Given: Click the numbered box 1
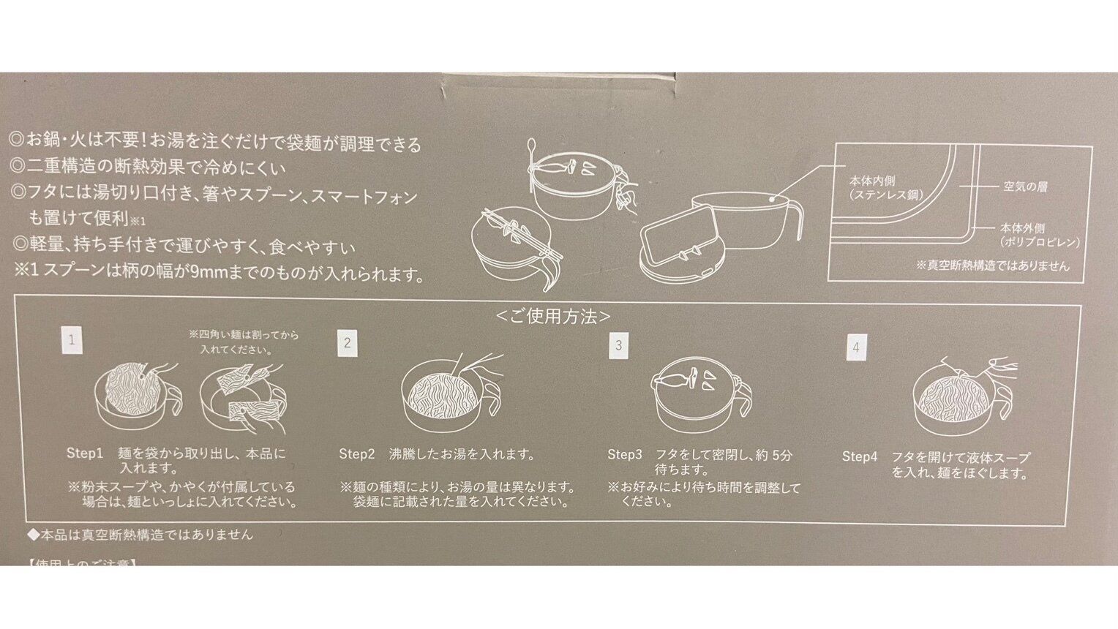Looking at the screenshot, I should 72,340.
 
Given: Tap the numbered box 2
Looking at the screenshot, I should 348,343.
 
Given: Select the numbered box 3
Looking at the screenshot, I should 618,345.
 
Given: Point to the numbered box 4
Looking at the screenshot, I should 856,347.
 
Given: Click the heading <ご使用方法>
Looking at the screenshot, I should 553,317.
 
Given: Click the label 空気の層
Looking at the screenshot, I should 1025,187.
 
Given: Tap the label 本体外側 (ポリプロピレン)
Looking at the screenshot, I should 1039,235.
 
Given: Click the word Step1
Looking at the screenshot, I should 85,453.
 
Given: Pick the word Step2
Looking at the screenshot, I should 356,454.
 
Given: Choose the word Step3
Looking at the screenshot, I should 624,455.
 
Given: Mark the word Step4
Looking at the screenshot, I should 859,457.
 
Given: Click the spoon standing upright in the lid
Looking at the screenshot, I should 531,157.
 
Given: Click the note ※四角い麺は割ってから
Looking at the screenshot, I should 243,335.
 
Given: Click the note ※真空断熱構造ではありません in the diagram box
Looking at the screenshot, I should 992,265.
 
